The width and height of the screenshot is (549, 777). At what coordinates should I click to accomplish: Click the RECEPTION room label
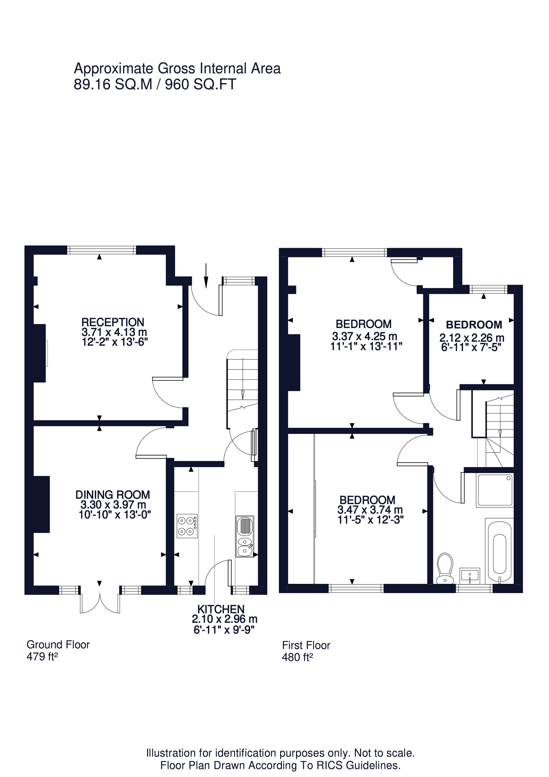pyautogui.click(x=113, y=322)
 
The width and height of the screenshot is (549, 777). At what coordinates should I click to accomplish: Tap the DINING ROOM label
pyautogui.click(x=113, y=495)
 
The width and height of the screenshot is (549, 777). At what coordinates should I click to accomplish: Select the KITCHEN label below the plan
pyautogui.click(x=221, y=609)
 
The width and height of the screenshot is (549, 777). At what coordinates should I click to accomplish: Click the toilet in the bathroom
pyautogui.click(x=445, y=569)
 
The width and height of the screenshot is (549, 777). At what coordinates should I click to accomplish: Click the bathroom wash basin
pyautogui.click(x=470, y=576)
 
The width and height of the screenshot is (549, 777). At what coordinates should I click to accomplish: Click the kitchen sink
pyautogui.click(x=244, y=536)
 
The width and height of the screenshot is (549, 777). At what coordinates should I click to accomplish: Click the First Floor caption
pyautogui.click(x=306, y=645)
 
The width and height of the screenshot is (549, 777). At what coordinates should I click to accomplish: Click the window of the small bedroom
pyautogui.click(x=489, y=289)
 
